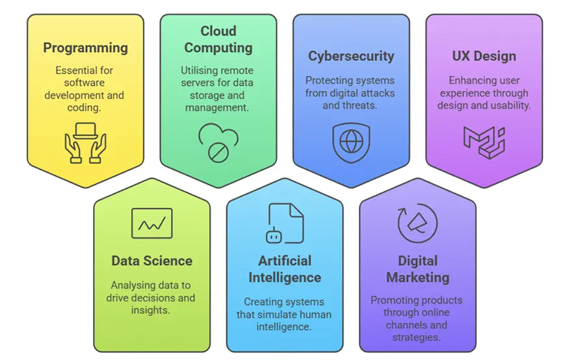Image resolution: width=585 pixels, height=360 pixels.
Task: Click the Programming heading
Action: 85,48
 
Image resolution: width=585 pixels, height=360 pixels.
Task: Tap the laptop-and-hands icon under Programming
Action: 85,142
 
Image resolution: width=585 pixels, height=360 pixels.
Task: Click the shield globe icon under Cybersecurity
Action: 351,142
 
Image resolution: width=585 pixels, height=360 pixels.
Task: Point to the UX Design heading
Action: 484,56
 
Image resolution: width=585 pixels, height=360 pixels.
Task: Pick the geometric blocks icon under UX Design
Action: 484,140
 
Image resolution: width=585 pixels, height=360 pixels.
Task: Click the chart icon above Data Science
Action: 151,224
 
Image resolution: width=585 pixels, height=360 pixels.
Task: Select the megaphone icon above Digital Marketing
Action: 417,223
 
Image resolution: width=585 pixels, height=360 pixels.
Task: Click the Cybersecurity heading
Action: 351,56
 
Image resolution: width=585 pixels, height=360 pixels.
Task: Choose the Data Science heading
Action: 151,261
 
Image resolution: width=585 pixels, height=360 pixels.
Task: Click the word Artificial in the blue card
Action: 285,261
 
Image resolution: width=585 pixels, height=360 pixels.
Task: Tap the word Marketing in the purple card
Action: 417,277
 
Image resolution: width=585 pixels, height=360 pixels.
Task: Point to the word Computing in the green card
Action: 218,47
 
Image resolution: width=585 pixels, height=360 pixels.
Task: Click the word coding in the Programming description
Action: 85,108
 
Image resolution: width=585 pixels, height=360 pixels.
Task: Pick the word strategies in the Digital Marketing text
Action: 417,337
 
